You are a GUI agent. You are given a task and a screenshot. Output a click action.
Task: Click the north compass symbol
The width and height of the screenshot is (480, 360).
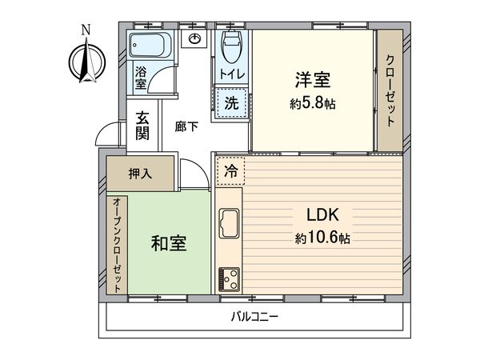86,61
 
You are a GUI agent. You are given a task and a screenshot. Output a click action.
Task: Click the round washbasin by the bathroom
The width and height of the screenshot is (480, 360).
194,39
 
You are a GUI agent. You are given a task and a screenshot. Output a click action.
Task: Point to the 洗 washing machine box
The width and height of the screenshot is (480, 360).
230,102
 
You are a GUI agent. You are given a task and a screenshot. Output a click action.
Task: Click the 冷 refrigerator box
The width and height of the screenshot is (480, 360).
230,170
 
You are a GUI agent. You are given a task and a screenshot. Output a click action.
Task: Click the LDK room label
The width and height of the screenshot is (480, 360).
325,214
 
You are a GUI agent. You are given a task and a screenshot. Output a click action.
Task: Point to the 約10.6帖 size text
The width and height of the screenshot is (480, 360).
325,238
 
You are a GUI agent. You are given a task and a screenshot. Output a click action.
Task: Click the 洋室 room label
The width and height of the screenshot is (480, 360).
313,80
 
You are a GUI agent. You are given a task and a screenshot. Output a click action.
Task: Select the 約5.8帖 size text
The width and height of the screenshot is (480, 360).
313,104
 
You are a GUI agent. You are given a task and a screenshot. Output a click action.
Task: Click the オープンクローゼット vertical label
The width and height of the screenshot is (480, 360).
117,244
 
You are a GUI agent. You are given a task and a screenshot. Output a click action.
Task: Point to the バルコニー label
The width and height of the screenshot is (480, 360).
254,317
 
